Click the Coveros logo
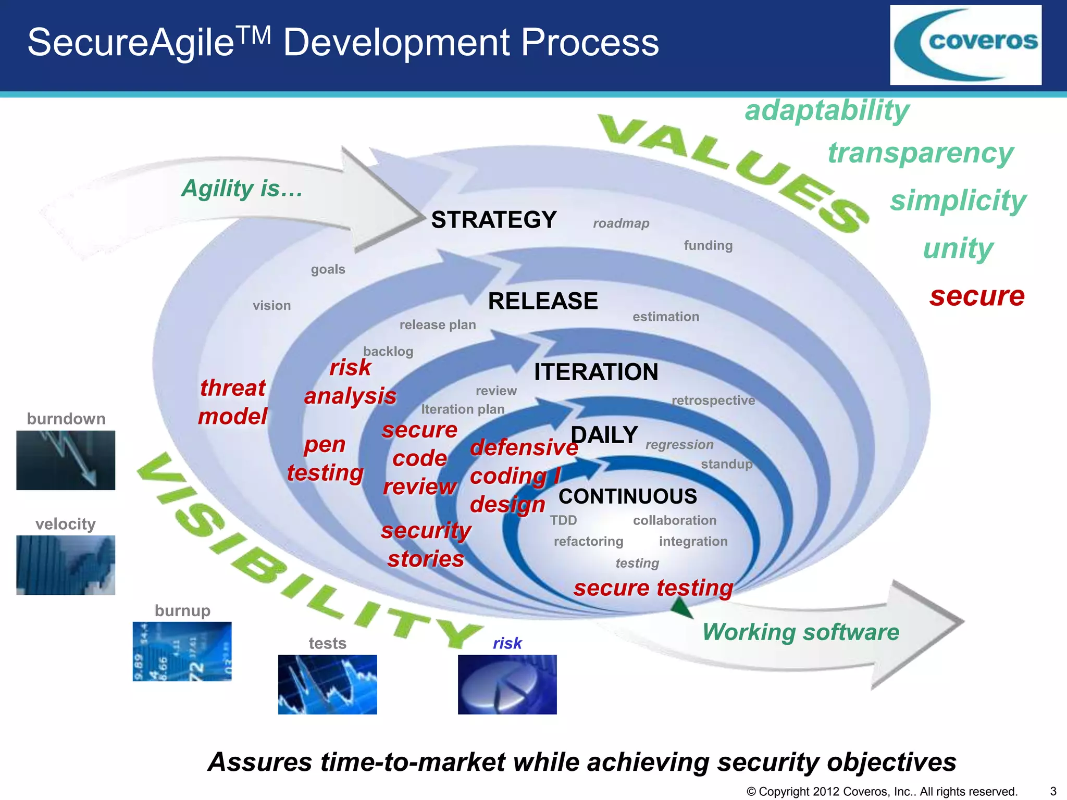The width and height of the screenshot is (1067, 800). click(965, 45)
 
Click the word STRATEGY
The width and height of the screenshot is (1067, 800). click(493, 220)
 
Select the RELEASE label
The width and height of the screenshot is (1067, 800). click(542, 301)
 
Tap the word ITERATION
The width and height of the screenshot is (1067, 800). click(596, 372)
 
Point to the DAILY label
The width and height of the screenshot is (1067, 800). click(604, 435)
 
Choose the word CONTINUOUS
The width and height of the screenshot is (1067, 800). click(627, 496)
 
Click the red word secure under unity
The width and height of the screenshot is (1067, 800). click(977, 296)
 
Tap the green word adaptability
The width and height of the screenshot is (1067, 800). click(827, 110)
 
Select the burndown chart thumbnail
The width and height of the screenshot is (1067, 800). click(66, 460)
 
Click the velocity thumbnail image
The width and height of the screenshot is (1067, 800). click(66, 565)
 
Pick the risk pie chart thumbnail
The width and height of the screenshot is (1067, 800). click(507, 684)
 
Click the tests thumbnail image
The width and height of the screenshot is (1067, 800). click(327, 684)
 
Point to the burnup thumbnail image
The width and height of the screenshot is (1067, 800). click(182, 651)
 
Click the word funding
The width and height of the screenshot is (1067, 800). click(708, 245)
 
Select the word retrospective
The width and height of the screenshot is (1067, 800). click(713, 400)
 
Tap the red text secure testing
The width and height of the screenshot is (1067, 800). click(653, 588)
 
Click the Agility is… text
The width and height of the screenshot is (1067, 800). click(242, 188)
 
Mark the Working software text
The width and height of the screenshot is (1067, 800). click(800, 632)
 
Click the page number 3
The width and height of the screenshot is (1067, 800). click(1053, 791)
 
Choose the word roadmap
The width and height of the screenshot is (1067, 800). click(621, 223)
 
